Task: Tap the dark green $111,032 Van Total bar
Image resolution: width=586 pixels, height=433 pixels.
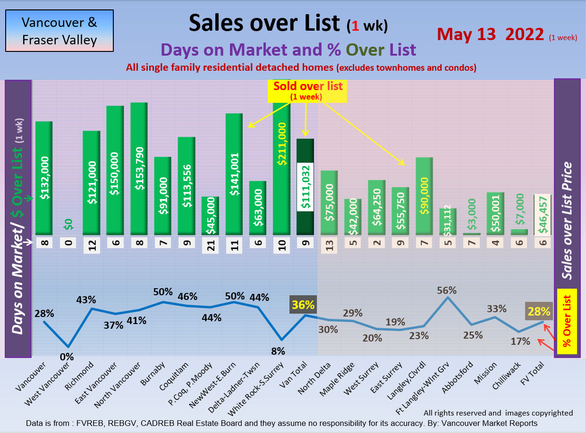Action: [x=305, y=186]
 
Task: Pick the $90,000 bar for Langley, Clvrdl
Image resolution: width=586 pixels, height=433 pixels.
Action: [x=424, y=195]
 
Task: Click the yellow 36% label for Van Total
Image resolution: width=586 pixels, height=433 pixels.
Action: [x=302, y=305]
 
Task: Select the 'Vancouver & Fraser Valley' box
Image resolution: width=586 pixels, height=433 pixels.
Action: [x=59, y=31]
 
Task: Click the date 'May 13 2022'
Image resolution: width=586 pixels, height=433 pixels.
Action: [x=491, y=34]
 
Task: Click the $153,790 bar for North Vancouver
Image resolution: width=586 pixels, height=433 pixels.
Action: [x=139, y=168]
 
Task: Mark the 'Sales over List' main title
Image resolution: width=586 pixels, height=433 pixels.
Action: [x=264, y=23]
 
